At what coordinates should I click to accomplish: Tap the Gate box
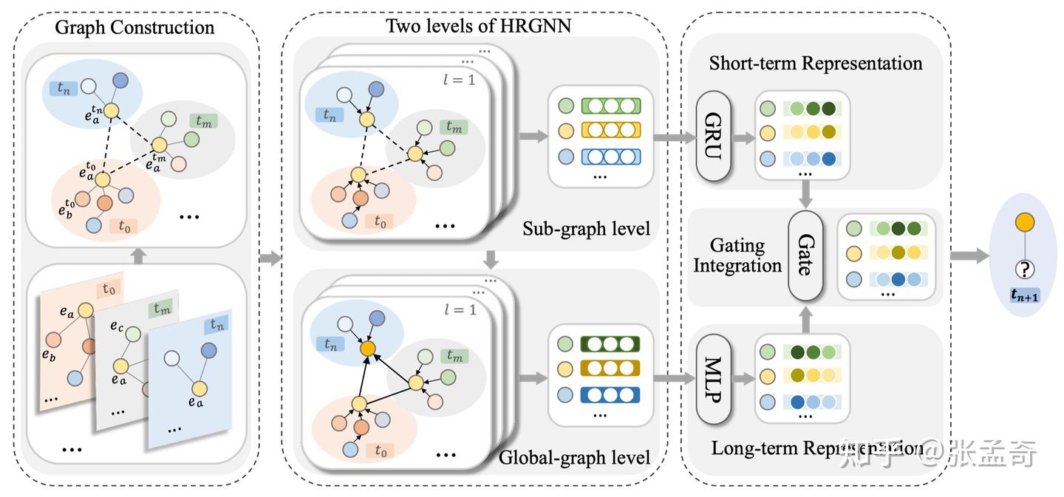[x=805, y=256]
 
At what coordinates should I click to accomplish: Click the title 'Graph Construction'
[x=134, y=28]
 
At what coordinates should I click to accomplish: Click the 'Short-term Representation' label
[x=816, y=64]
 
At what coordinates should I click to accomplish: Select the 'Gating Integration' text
[x=737, y=256]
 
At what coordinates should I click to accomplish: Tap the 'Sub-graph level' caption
[x=586, y=228]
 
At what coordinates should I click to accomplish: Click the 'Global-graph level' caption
[x=575, y=457]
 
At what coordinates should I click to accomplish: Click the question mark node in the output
[x=1024, y=269]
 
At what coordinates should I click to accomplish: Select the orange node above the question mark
[x=1024, y=222]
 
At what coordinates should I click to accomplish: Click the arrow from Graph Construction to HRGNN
[x=271, y=258]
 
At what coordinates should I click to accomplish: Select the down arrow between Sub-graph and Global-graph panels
[x=488, y=260]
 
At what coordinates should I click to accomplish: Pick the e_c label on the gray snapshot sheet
[x=117, y=326]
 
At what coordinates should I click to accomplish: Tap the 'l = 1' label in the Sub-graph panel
[x=460, y=80]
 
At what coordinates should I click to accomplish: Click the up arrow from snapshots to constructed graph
[x=134, y=256]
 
